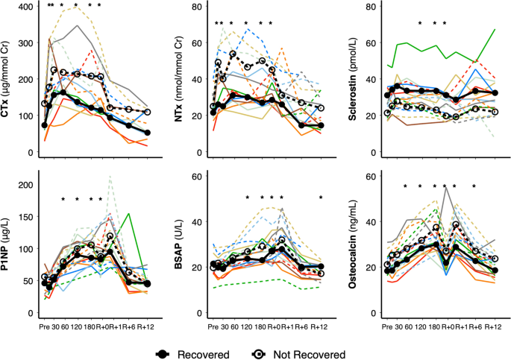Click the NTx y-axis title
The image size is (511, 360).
182,78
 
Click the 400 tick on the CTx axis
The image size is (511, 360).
25,7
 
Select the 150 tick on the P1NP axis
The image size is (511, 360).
25,216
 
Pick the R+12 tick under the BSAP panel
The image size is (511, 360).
321,326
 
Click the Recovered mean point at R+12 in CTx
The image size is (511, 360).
146,133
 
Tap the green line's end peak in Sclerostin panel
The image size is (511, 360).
495,30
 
